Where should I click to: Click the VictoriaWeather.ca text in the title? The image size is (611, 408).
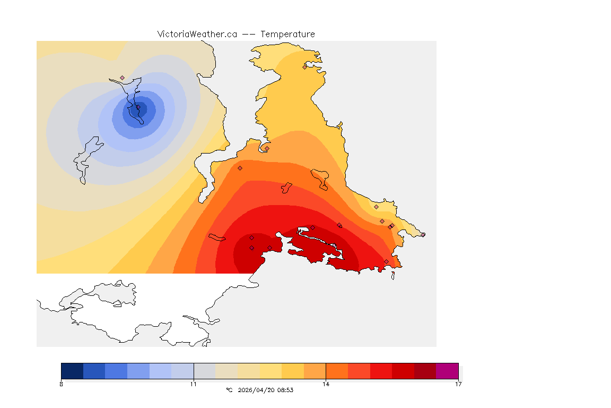click(197, 34)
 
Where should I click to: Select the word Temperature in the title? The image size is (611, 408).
click(287, 34)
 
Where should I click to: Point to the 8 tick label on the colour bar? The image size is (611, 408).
click(62, 384)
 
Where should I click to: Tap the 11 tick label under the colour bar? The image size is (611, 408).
click(194, 384)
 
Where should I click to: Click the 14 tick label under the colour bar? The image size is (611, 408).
click(326, 384)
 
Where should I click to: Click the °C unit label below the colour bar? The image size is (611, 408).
click(229, 390)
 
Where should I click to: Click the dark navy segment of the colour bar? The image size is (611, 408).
click(72, 371)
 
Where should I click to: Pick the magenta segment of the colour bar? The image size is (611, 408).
click(447, 371)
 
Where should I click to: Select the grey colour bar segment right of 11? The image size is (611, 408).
click(204, 371)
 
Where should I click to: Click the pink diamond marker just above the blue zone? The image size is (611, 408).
click(122, 78)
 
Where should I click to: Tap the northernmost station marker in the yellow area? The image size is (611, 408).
click(304, 67)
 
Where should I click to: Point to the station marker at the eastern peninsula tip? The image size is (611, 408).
click(423, 234)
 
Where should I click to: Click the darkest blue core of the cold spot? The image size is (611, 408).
click(140, 109)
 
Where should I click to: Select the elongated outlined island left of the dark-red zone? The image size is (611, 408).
click(217, 237)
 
